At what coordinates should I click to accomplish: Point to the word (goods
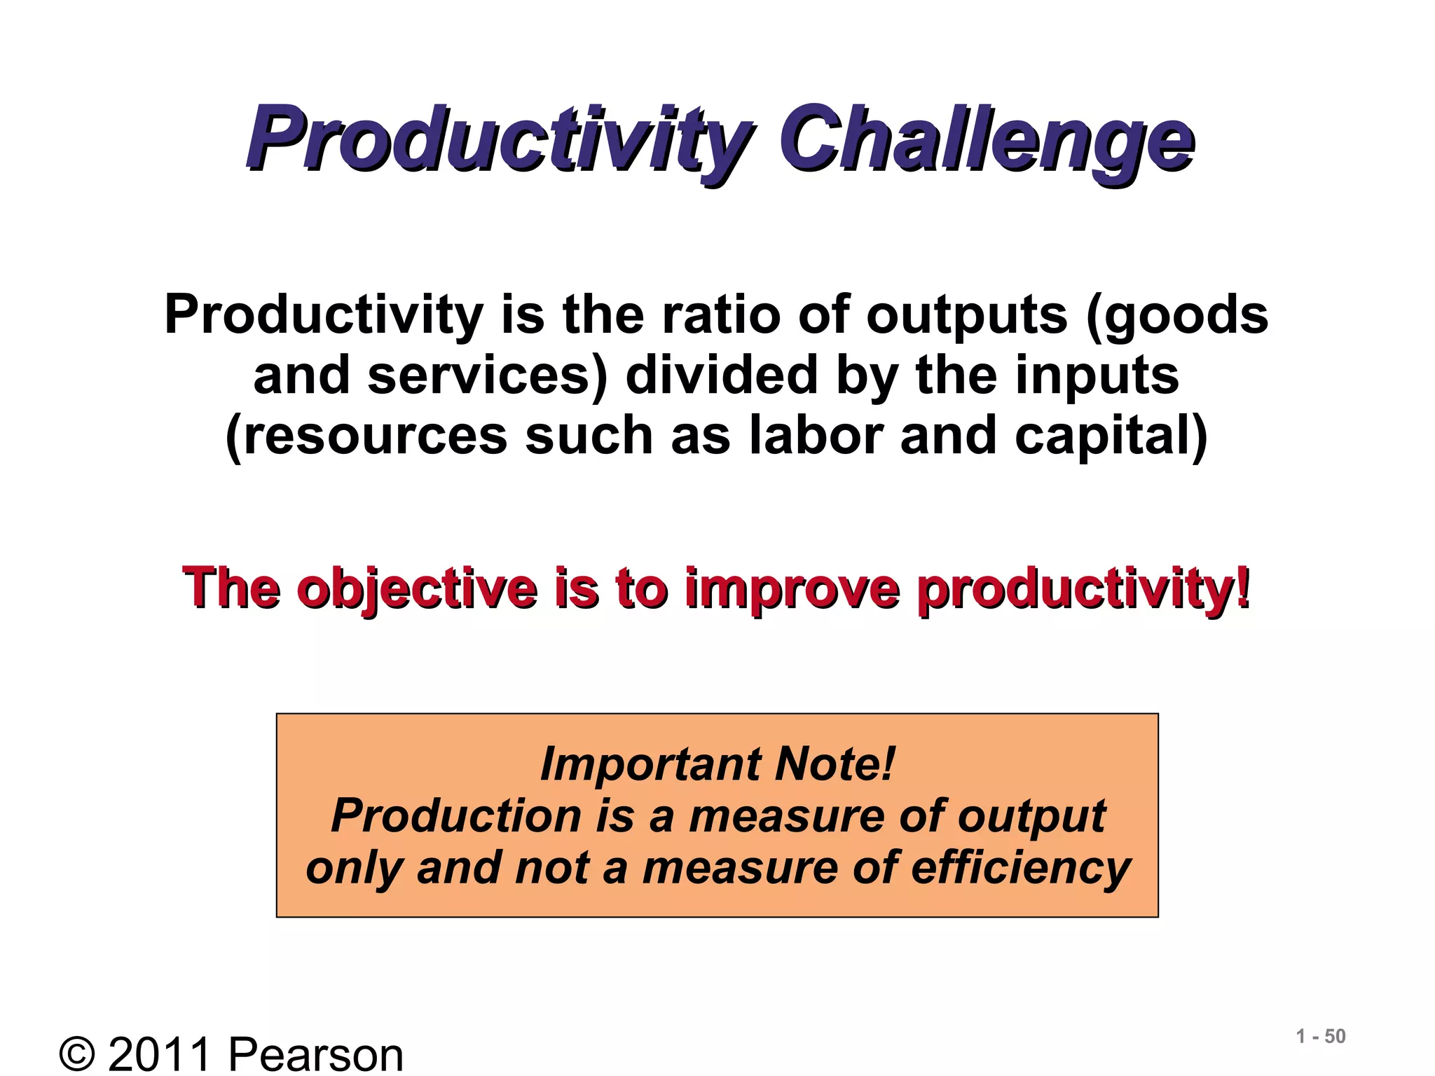point(1177,315)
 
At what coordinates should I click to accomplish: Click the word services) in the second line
point(488,375)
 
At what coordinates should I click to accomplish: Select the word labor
point(816,435)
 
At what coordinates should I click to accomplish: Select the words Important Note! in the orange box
point(717,764)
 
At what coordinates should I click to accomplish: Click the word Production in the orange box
point(455,816)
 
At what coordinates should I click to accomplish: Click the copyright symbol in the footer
point(77,1054)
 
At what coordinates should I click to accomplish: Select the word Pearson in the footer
point(316,1054)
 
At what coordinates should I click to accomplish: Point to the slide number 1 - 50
point(1321,1036)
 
